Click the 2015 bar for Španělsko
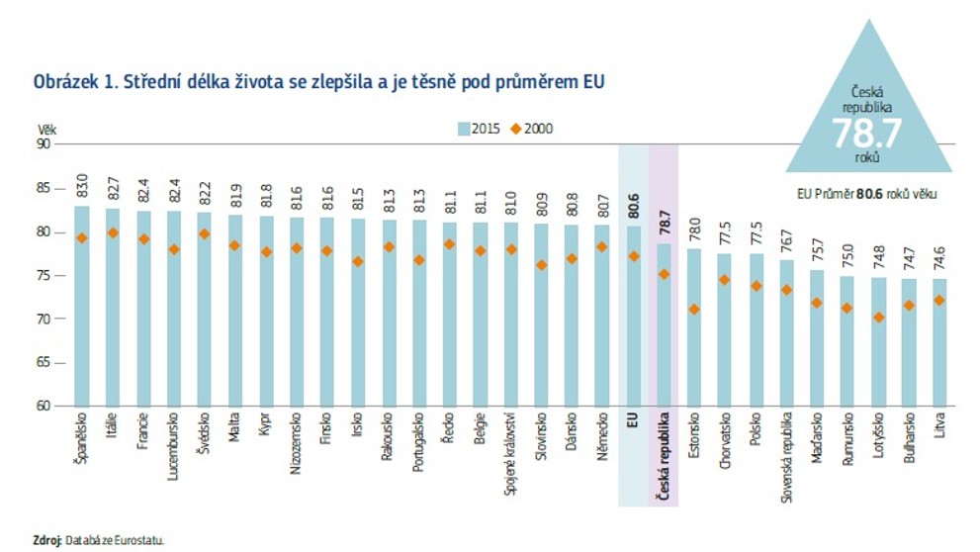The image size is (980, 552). pos(82,307)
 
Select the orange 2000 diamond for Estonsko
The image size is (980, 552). pos(694,310)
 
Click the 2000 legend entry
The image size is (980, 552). pos(532,129)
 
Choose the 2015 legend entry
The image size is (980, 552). pos(479,129)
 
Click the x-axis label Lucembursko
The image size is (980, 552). pos(173,446)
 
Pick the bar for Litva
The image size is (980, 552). pos(939,342)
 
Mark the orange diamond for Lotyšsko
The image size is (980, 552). pos(879,318)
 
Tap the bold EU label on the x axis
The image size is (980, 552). pos(632,419)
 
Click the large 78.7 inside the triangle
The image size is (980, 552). pos(867,133)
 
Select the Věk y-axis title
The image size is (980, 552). pos(46,130)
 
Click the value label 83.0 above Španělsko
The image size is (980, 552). pos(82,186)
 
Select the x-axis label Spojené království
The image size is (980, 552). pos(510,453)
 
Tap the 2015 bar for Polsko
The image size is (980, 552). pos(756,330)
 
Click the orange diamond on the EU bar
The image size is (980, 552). pos(633,256)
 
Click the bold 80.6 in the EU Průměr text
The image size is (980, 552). pos(869,195)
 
